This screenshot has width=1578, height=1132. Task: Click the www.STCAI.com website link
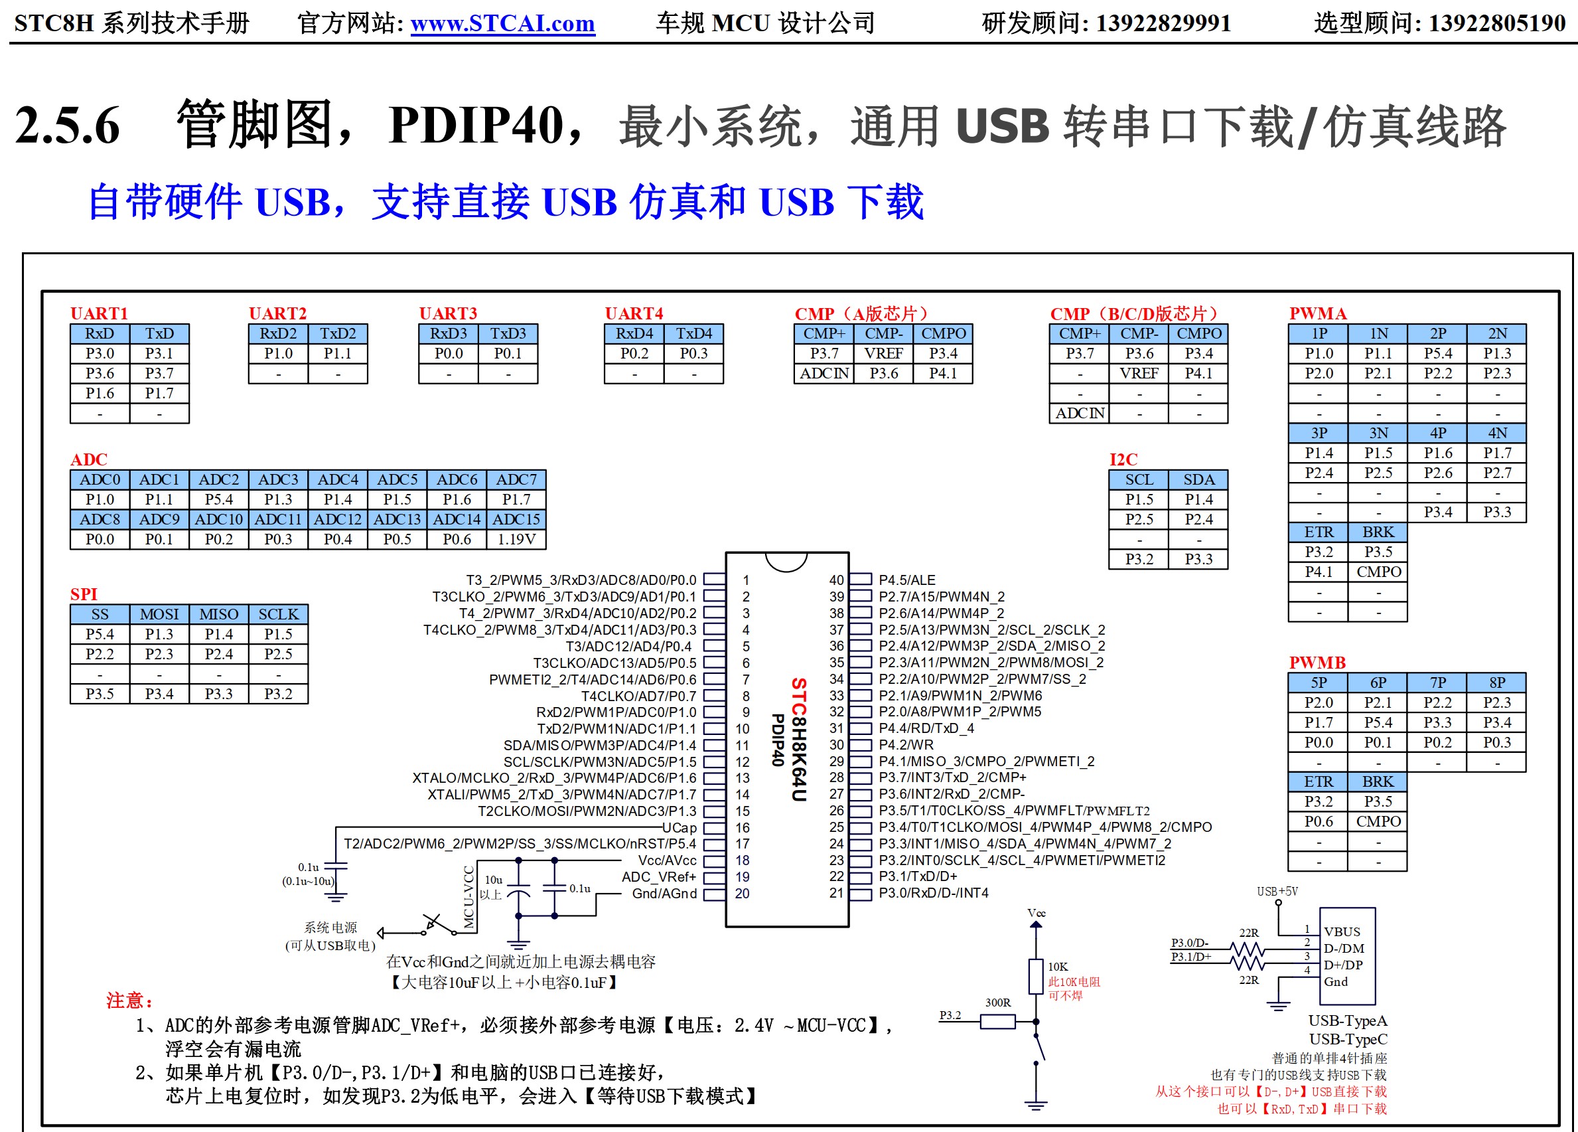pyautogui.click(x=502, y=24)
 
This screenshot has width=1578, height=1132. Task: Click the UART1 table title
pyautogui.click(x=99, y=313)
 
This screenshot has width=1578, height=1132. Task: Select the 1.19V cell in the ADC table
pyautogui.click(x=516, y=539)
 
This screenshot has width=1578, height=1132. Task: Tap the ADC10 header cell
pyautogui.click(x=218, y=519)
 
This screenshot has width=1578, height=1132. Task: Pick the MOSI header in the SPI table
pyautogui.click(x=159, y=614)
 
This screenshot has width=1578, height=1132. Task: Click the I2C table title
pyautogui.click(x=1123, y=459)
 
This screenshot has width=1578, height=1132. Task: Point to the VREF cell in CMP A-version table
pyautogui.click(x=884, y=354)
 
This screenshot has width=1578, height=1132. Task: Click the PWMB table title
pyautogui.click(x=1317, y=662)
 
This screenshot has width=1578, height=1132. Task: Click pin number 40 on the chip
pyautogui.click(x=836, y=580)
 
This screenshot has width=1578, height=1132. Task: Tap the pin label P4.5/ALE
pyautogui.click(x=907, y=580)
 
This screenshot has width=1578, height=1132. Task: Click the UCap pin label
pyautogui.click(x=679, y=828)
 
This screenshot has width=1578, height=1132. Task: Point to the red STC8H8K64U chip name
pyautogui.click(x=799, y=740)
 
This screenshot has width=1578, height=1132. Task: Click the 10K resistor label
pyautogui.click(x=1058, y=966)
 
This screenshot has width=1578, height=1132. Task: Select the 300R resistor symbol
pyautogui.click(x=998, y=1021)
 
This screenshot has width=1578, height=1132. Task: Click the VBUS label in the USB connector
pyautogui.click(x=1342, y=931)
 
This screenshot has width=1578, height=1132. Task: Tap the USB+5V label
pyautogui.click(x=1277, y=891)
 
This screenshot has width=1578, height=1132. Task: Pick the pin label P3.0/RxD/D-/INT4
pyautogui.click(x=934, y=893)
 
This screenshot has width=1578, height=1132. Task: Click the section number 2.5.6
pyautogui.click(x=68, y=126)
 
